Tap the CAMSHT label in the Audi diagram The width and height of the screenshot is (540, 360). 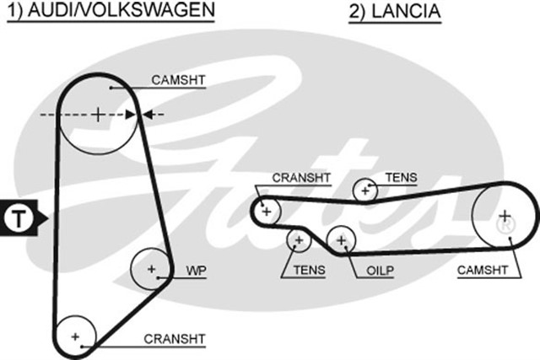(x=179, y=80)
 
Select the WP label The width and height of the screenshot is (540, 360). (x=197, y=271)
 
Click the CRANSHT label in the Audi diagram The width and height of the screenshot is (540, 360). (x=175, y=339)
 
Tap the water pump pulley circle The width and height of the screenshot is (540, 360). (x=152, y=270)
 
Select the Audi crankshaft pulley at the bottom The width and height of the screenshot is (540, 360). (x=75, y=336)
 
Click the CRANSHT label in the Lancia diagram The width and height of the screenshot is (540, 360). (x=301, y=178)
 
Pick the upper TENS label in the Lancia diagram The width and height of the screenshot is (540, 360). (x=401, y=177)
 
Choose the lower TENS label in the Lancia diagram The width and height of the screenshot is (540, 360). (x=310, y=271)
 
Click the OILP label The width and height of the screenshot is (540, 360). (x=381, y=271)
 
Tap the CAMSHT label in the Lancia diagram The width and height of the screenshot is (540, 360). (x=482, y=271)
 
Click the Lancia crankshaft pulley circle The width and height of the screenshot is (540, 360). (x=267, y=211)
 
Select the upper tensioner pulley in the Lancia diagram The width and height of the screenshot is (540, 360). (x=365, y=191)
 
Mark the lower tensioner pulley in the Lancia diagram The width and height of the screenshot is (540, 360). (x=298, y=241)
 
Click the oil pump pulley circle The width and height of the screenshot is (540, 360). (x=342, y=239)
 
